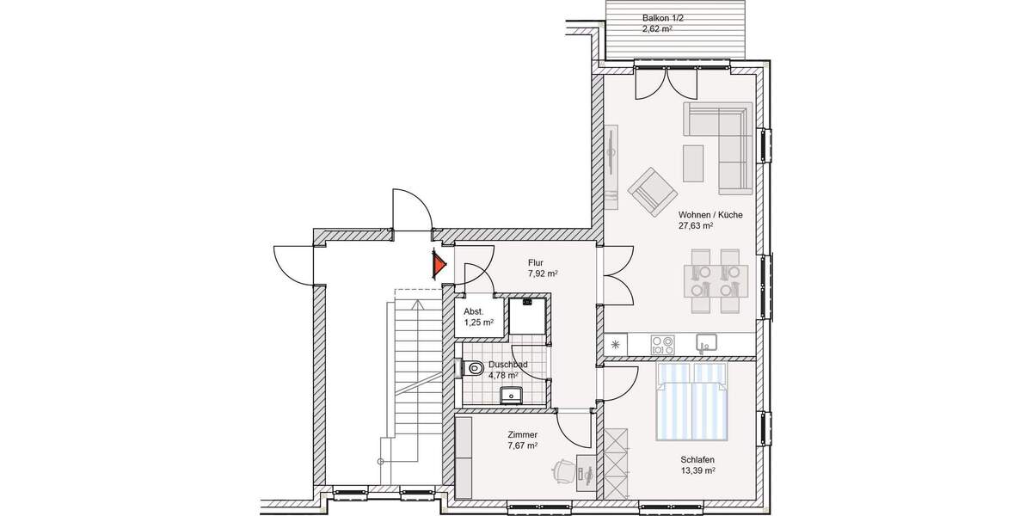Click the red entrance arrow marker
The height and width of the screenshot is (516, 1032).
click(x=439, y=265)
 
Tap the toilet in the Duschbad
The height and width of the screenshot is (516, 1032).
click(x=470, y=368)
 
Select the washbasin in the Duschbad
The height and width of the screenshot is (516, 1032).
click(x=512, y=395)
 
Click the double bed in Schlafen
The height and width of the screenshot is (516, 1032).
click(x=692, y=400)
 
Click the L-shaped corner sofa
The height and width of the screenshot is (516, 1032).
click(x=727, y=138)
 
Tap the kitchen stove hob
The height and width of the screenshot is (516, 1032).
click(x=663, y=345)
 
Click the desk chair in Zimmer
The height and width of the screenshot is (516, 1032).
click(x=564, y=471)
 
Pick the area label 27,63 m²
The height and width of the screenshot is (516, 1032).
click(x=696, y=226)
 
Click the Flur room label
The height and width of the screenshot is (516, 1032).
click(x=536, y=263)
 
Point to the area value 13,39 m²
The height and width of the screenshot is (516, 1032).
click(x=698, y=471)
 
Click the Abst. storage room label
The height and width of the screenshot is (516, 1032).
click(x=473, y=311)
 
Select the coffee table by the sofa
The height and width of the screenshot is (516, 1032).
click(x=692, y=163)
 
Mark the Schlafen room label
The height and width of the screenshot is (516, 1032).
click(x=698, y=459)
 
